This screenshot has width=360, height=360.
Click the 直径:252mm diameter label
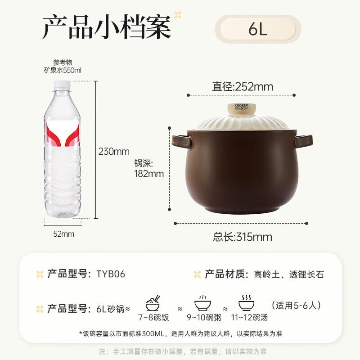tap(243, 86)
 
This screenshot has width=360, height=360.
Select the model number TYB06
tap(110, 274)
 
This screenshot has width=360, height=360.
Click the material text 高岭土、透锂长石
tap(288, 274)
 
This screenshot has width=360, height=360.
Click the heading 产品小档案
tap(107, 28)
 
